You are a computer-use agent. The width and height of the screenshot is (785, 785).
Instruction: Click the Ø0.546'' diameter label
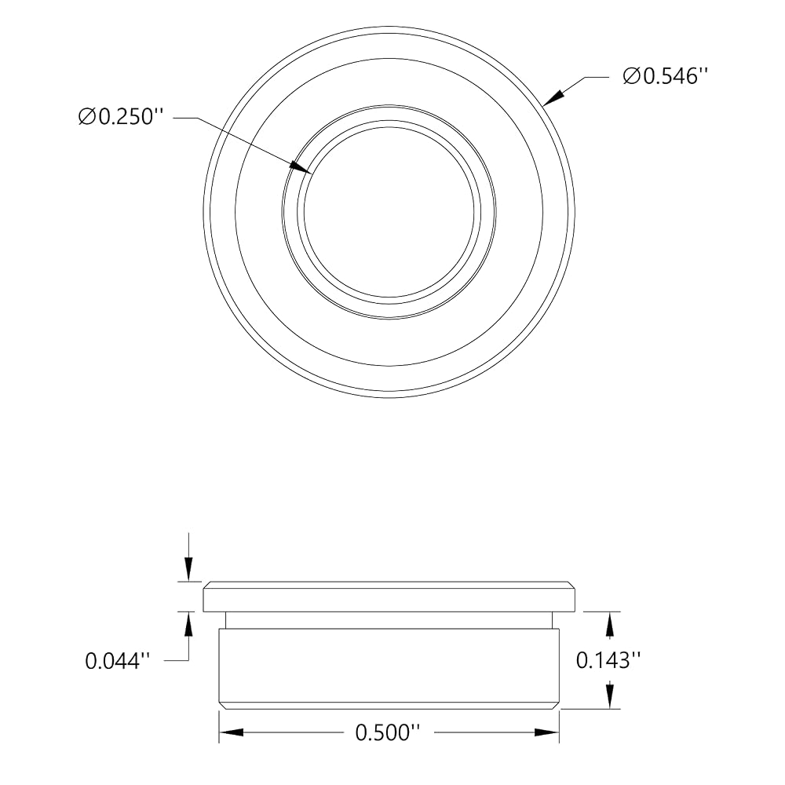(666, 77)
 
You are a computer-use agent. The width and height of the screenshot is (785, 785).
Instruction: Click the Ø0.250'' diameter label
(121, 117)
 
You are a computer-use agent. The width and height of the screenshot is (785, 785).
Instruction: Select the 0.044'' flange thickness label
(118, 661)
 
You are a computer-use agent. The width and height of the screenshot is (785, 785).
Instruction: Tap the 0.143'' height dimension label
(609, 660)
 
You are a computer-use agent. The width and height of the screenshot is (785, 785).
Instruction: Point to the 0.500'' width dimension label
(388, 733)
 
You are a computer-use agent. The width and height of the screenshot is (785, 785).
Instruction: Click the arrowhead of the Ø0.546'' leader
(553, 97)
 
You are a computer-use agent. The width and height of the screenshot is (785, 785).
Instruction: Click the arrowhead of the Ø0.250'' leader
(301, 167)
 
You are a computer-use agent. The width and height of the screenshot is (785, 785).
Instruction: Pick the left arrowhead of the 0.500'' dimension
(231, 732)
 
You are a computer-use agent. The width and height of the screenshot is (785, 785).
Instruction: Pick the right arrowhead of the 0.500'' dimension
(547, 732)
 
